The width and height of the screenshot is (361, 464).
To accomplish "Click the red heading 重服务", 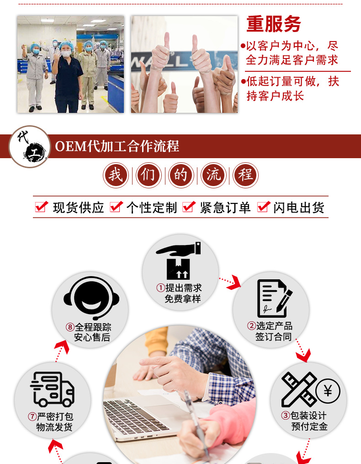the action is (274, 24).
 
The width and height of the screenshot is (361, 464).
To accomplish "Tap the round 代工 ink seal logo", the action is (30, 147).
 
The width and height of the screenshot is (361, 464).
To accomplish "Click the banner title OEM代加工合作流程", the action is (117, 146).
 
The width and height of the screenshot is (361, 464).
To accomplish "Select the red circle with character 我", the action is (116, 175).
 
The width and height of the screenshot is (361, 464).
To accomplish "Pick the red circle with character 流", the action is (213, 175).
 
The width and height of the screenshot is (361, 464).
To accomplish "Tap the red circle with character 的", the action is (181, 175).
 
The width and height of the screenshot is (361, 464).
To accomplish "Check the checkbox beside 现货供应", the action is (42, 207).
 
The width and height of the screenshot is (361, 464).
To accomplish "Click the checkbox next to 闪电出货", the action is (264, 207).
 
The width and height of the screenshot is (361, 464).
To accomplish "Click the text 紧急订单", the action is (225, 208).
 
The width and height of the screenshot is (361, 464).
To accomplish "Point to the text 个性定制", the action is (152, 208).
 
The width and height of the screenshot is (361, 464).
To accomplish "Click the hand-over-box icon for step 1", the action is (178, 261).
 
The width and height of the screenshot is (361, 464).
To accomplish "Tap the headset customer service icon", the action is (91, 298).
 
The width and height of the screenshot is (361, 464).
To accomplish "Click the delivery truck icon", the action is (52, 389).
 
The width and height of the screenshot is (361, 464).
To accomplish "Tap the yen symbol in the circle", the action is (328, 391).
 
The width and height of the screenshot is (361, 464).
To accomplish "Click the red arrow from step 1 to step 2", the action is (230, 282).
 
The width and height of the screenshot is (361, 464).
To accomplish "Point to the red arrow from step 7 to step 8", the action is (61, 351).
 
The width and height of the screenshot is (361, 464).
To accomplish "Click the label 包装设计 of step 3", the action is (308, 416).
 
